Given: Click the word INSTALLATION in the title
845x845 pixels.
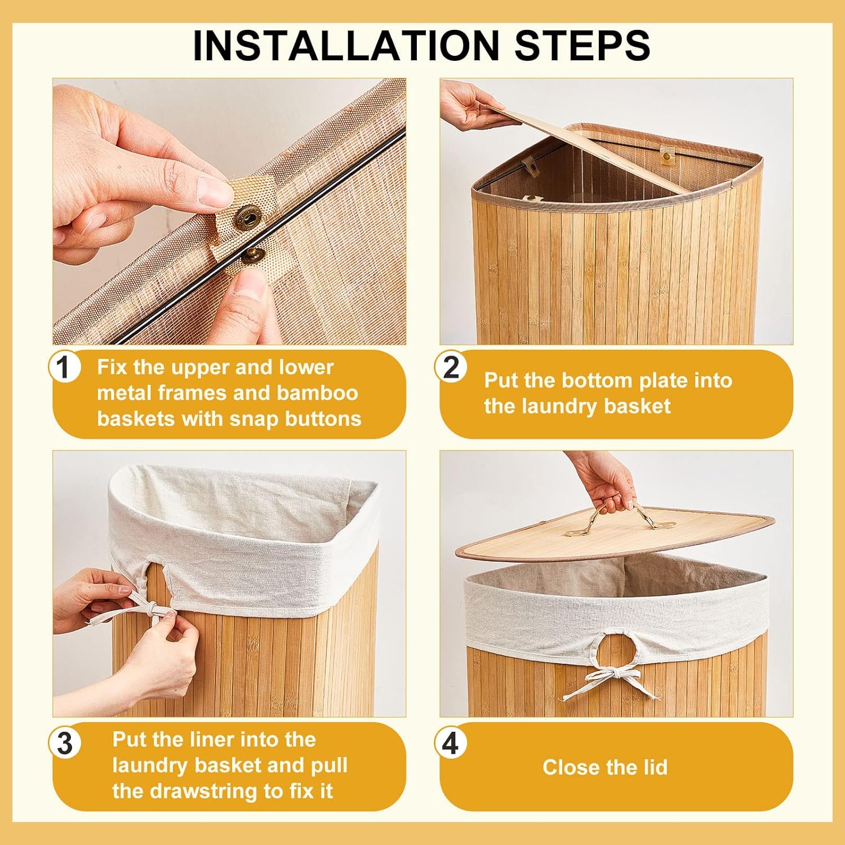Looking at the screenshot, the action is tap(346, 45).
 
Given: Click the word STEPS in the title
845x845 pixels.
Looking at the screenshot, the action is tap(582, 45).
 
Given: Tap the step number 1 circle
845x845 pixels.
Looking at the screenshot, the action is tap(64, 367).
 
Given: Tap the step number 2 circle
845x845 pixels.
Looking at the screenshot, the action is tap(451, 367).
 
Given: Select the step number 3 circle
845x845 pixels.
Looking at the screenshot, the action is tap(64, 743).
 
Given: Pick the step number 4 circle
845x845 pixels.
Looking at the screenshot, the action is tap(451, 743).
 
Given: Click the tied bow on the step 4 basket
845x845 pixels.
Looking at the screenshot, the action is tap(608, 682).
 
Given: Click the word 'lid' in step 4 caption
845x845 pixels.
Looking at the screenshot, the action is tap(655, 767).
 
